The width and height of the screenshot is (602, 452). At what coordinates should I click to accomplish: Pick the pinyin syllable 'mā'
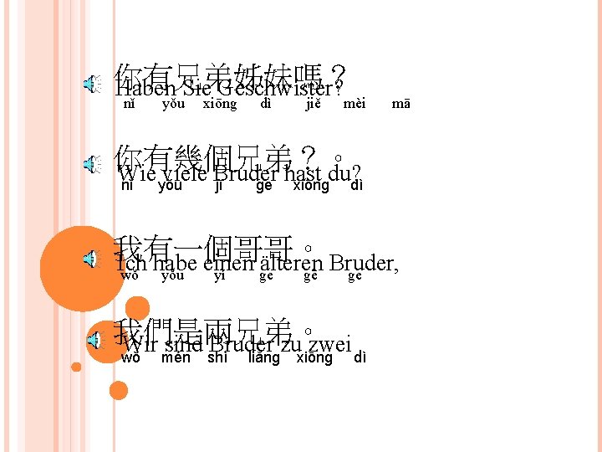400,105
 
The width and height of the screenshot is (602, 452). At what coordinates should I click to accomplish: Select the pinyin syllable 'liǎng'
264,358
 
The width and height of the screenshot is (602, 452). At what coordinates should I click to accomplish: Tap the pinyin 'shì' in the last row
217,358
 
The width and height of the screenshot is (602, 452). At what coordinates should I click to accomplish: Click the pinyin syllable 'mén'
176,358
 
